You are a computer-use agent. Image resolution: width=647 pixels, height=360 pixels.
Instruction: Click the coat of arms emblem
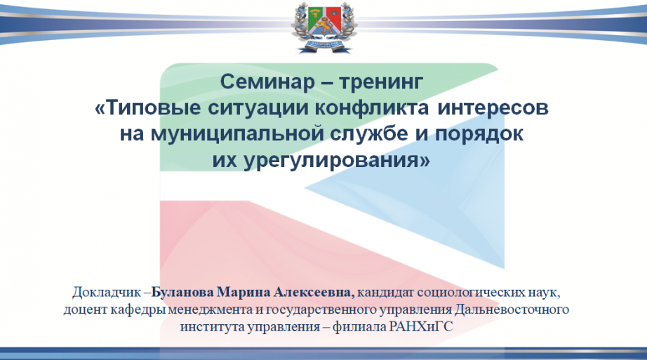click(324, 27)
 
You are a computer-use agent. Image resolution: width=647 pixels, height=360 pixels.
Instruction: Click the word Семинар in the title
click(267, 81)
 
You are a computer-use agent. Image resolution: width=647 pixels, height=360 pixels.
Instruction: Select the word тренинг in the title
click(381, 82)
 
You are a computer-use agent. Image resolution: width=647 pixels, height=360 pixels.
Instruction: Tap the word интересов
click(493, 108)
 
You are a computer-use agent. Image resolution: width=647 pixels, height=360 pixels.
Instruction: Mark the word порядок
click(479, 135)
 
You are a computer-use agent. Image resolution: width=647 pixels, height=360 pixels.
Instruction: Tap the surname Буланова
click(182, 293)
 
